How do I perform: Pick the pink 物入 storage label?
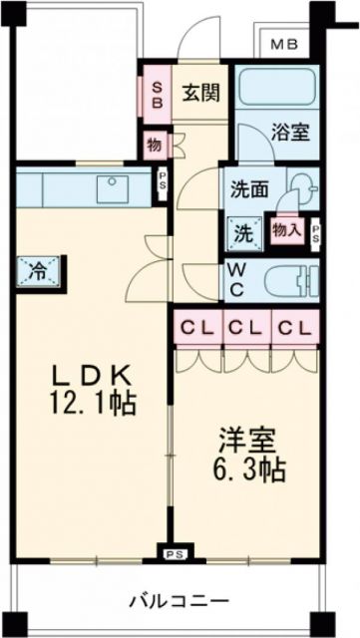point(289,229)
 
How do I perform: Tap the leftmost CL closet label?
point(196,327)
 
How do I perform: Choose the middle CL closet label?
point(244,327)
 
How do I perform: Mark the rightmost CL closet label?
point(293,327)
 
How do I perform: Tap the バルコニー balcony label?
point(178,600)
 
